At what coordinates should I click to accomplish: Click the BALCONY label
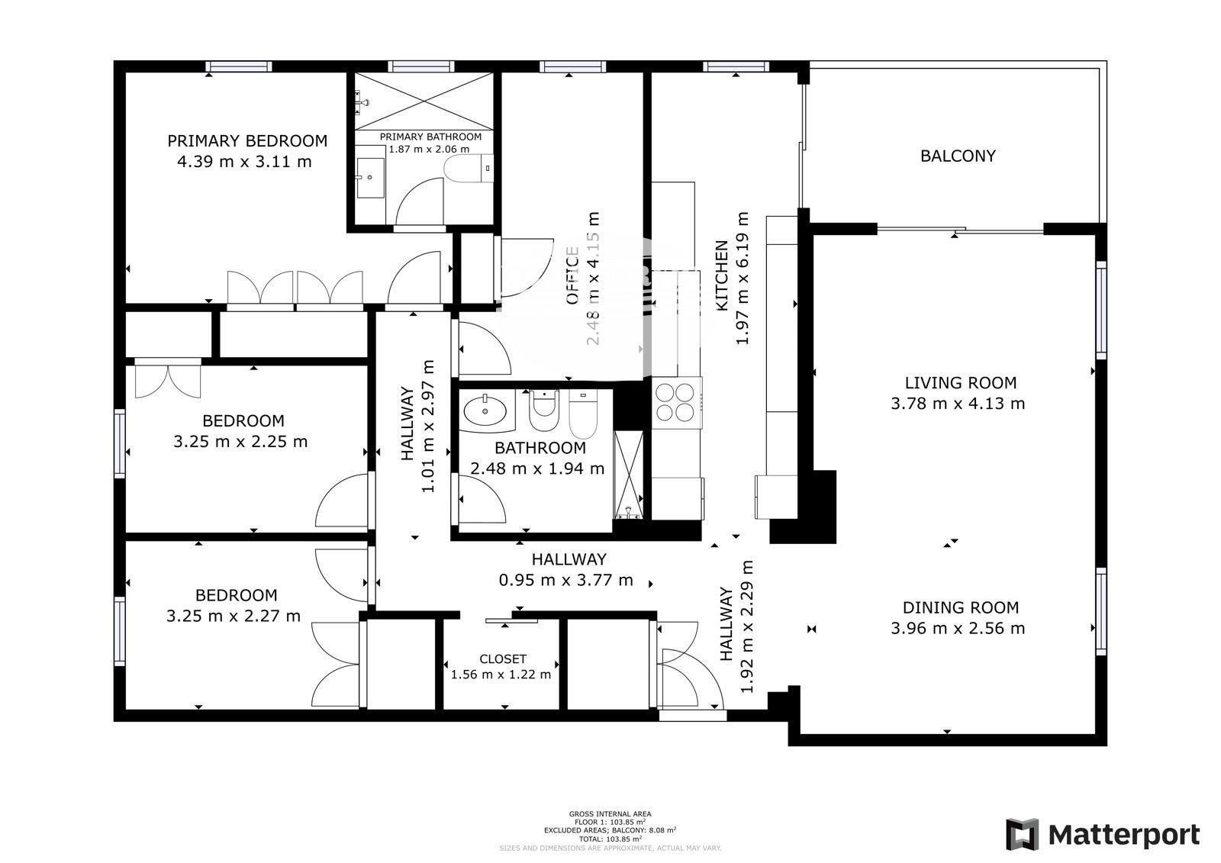click(x=958, y=156)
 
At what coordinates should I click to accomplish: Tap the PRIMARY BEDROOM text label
click(x=247, y=141)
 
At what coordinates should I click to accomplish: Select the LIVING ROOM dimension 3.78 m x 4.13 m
click(x=958, y=404)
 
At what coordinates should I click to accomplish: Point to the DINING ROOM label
click(x=961, y=608)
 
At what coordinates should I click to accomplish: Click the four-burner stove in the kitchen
click(x=676, y=401)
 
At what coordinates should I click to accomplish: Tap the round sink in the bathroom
click(x=485, y=411)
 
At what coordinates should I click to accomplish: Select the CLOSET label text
click(x=502, y=659)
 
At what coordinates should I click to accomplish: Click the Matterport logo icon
click(x=1022, y=834)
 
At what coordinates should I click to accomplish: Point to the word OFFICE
click(x=572, y=276)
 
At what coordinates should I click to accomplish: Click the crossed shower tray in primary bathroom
click(x=424, y=101)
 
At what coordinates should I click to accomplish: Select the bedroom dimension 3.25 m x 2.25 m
click(x=240, y=442)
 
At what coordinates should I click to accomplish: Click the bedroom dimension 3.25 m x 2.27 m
click(x=234, y=616)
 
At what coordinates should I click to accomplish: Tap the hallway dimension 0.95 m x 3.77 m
click(x=565, y=581)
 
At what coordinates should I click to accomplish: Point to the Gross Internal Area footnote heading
click(x=610, y=814)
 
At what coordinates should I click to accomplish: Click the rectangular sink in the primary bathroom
click(x=372, y=178)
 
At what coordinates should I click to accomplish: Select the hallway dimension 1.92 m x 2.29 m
click(x=747, y=627)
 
